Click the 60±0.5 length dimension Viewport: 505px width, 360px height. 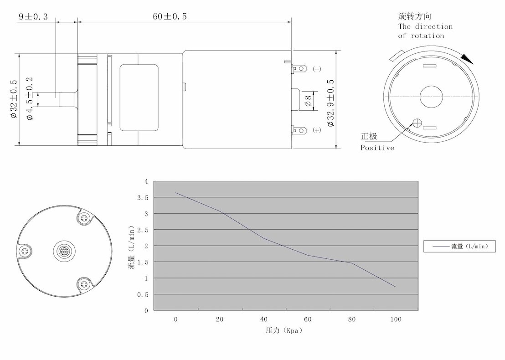coord(170,17)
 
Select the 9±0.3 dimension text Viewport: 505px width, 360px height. coord(33,17)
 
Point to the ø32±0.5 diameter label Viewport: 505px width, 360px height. coord(14,99)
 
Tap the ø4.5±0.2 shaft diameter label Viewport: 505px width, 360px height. coord(30,98)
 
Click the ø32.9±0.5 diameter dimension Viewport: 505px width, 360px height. coord(331,103)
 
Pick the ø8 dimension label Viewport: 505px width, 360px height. coord(308,101)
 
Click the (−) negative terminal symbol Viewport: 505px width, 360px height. coord(317,69)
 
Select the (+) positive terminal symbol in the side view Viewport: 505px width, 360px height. coord(317,130)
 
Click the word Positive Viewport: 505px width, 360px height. coord(377,148)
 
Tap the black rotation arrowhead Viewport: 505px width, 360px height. coord(468,59)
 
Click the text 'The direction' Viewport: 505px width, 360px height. coord(425,26)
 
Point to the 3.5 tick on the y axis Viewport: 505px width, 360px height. coord(143,198)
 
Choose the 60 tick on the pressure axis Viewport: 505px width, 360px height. coord(308,319)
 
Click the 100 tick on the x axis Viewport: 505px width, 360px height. coord(396,319)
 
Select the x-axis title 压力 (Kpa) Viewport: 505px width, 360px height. coord(284,330)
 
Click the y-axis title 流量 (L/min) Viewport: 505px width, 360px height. coord(132,247)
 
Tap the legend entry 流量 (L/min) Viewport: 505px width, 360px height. coord(459,247)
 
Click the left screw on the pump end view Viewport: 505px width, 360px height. coord(24,251)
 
